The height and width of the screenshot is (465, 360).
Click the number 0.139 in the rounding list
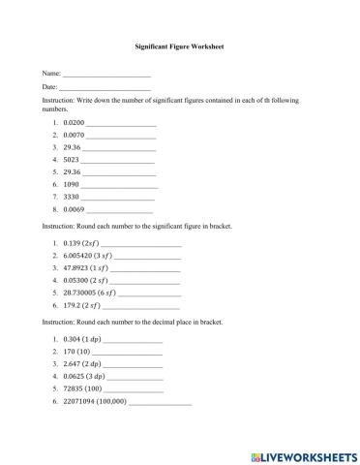tap(73, 242)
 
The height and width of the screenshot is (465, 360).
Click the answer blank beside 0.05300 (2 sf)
tap(145, 279)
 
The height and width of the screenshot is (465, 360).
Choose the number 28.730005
tap(80, 292)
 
